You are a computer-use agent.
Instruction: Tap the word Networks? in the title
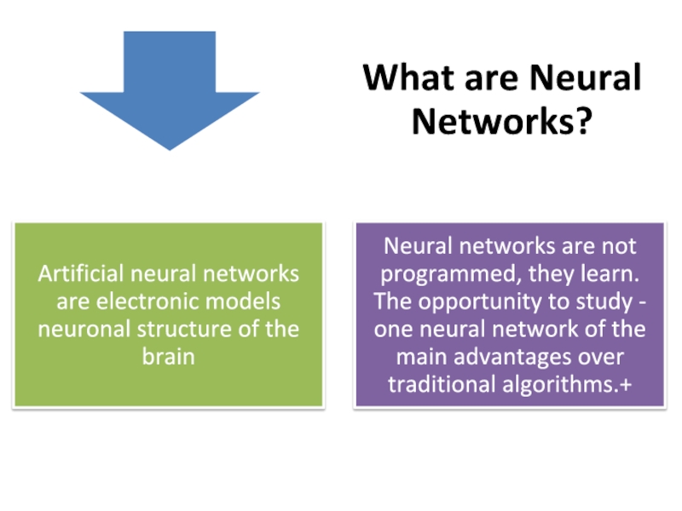(501, 121)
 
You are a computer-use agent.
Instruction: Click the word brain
(168, 356)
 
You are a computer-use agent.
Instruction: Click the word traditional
(438, 383)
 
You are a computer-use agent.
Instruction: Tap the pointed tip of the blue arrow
(170, 149)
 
